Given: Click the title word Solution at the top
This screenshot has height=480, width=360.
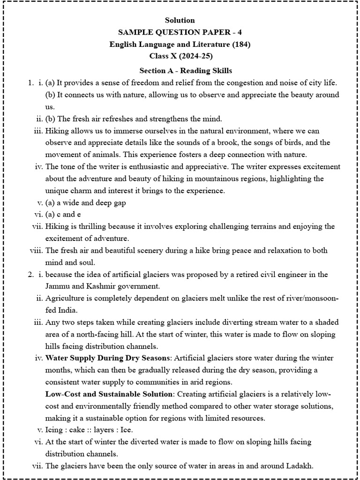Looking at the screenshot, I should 180,20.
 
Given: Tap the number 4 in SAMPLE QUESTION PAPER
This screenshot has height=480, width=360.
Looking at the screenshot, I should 240,32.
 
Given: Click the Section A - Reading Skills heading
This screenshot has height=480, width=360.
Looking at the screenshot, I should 186,70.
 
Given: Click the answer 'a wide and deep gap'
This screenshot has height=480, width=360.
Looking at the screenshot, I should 89,203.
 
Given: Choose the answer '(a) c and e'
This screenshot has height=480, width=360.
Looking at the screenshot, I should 63,215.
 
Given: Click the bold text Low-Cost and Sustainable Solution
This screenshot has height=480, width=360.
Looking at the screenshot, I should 109,394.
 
